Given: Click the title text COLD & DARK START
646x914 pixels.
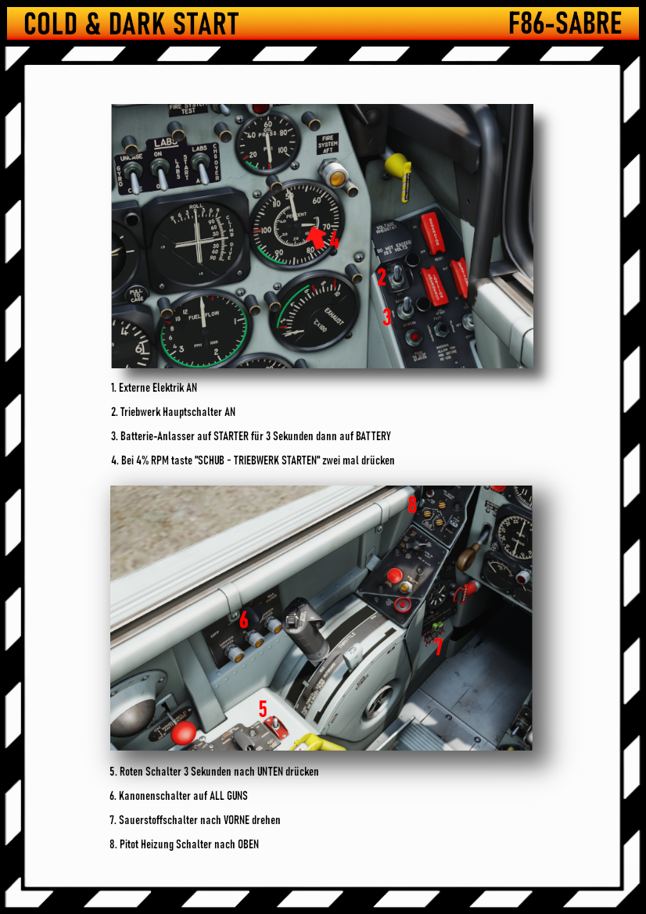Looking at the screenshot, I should point(131,23).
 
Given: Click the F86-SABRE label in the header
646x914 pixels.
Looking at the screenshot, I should point(565,23).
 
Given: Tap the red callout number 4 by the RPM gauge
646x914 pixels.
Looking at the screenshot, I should point(334,241).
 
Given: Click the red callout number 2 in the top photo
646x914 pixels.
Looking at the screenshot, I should point(382,278).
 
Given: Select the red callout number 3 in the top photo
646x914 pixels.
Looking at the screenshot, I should point(386,317).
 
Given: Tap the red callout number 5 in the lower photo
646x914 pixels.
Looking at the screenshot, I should point(263,708).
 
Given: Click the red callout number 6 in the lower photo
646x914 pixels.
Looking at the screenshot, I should point(244,620).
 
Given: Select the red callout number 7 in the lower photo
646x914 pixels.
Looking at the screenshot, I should point(439,647).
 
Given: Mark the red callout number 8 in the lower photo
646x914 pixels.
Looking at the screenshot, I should point(412,505).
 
